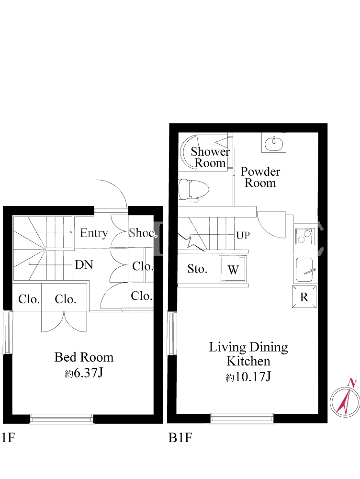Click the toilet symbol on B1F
point(193,190)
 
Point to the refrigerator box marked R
point(304,297)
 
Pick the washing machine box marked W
point(233,269)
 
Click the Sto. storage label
point(197,269)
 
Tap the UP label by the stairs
point(243,235)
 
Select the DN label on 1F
point(84,264)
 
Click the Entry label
point(94,233)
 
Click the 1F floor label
point(8,438)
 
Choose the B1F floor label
point(180,438)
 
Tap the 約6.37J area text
point(84,373)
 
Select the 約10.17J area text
point(248,376)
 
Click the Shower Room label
point(210,157)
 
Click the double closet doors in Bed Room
point(64,321)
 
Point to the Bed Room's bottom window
point(62,419)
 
